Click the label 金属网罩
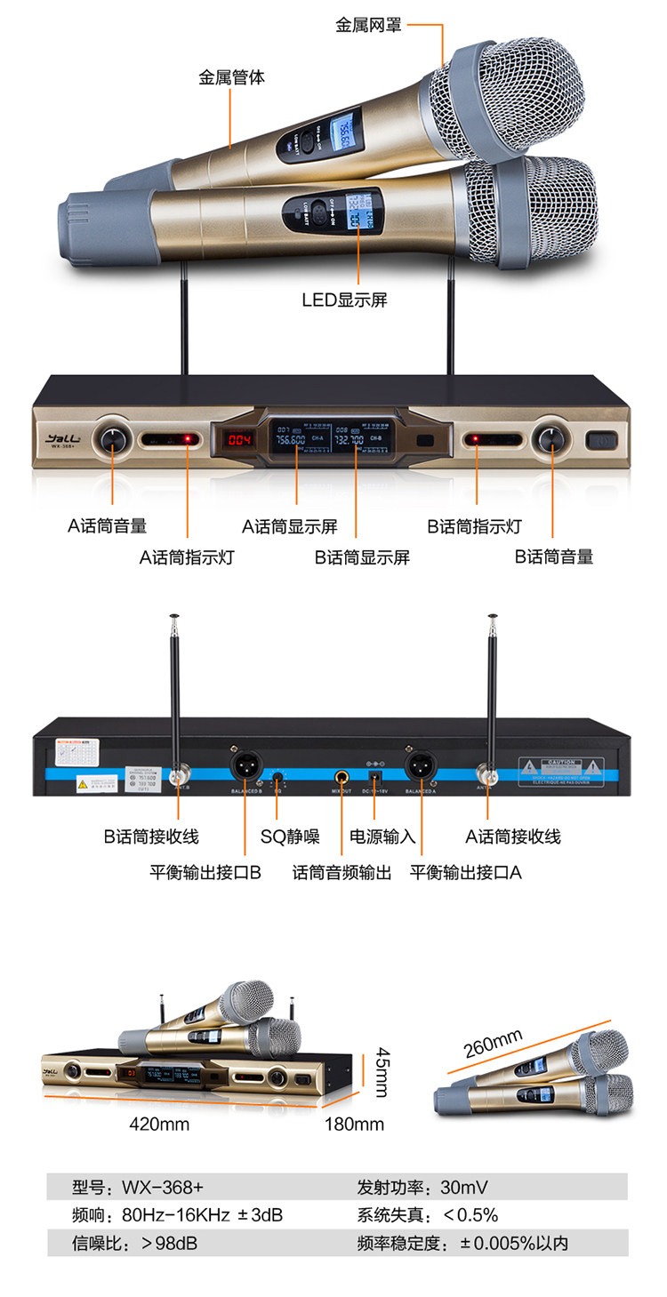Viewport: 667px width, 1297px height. pos(368,25)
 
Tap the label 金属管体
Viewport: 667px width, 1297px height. pos(231,77)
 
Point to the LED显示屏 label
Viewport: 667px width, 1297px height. pos(344,300)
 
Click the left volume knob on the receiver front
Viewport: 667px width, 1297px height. pos(114,438)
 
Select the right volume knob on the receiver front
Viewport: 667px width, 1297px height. pos(552,439)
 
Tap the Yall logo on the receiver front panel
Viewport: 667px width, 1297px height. pos(61,437)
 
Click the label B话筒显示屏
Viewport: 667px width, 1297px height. pos(362,557)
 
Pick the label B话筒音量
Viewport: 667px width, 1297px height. pos(554,557)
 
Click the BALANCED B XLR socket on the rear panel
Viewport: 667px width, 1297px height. pos(244,765)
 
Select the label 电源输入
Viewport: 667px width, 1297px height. pos(382,837)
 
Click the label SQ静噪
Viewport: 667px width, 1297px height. pos(290,837)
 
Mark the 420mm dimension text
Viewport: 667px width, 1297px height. pos(160,1124)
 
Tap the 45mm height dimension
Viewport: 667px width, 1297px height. pos(381,1071)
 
